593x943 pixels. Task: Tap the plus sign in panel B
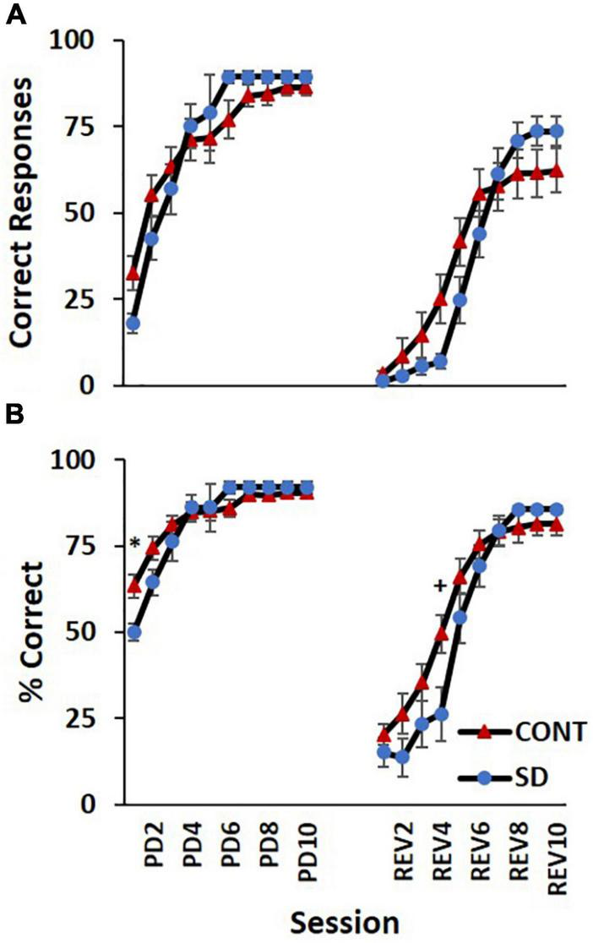click(439, 586)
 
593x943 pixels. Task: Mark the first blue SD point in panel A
click(133, 324)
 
